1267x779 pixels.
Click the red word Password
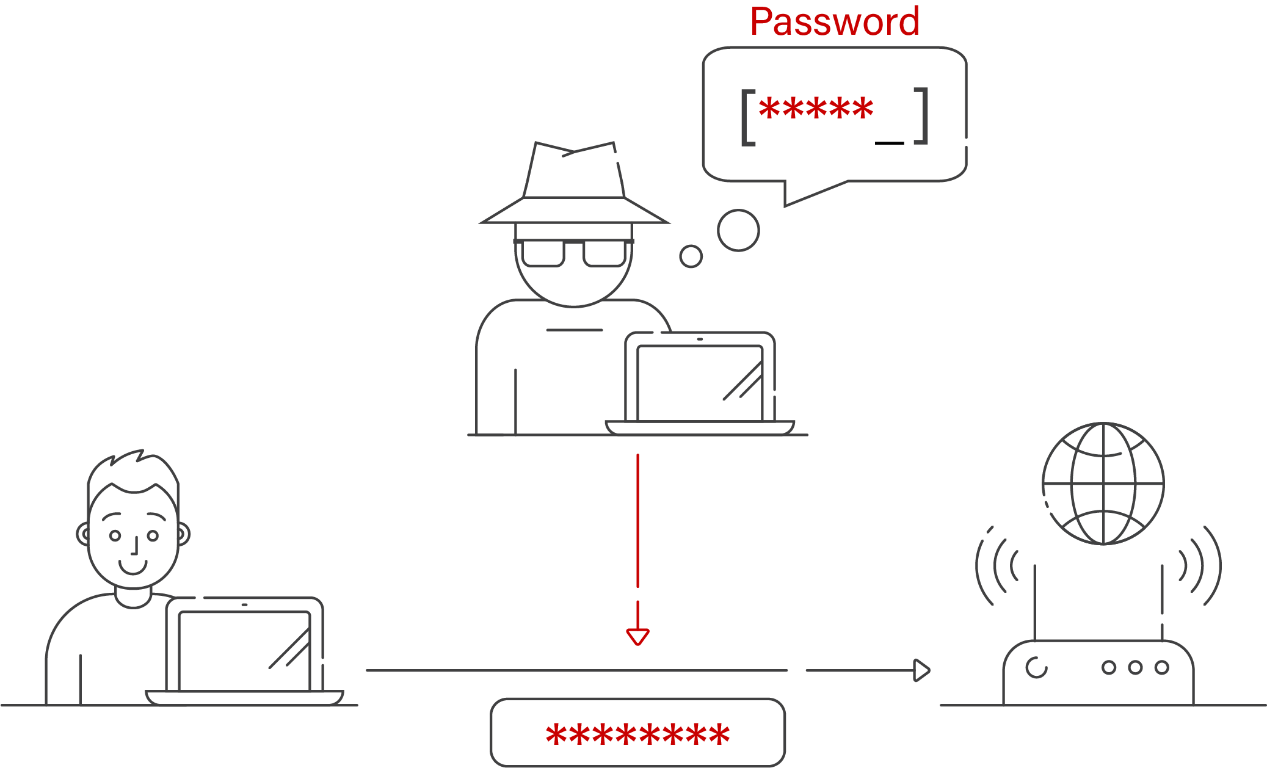point(835,21)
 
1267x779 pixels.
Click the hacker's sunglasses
point(574,252)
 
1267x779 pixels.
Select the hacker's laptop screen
point(700,383)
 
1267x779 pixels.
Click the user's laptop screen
point(244,651)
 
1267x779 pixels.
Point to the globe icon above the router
point(1103,484)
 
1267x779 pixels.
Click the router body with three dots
point(1098,672)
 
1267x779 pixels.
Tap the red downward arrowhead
point(638,637)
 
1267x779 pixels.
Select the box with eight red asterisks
point(638,733)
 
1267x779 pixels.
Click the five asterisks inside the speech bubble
point(816,109)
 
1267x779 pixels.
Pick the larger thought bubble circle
point(739,230)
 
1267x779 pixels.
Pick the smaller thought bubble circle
point(691,256)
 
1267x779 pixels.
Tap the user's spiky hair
point(134,473)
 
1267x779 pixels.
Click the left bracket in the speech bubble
point(748,118)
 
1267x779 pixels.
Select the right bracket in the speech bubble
point(921,116)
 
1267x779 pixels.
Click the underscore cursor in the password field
point(890,143)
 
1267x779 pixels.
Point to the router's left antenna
point(1035,603)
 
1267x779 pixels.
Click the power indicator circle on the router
point(1037,668)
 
